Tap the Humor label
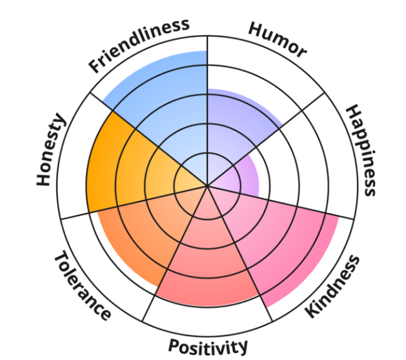point(277,39)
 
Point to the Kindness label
point(332,286)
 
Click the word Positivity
point(207,346)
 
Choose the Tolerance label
point(82,286)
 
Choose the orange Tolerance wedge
point(138,239)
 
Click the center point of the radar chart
point(207,186)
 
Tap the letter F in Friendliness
point(96,65)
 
